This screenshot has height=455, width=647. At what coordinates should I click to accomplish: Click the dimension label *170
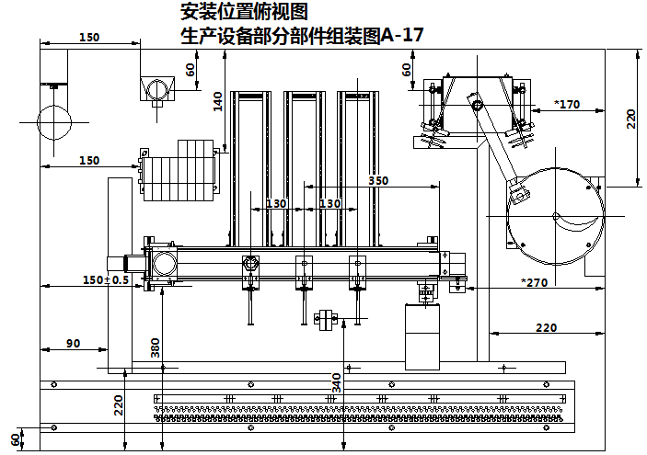tap(567, 104)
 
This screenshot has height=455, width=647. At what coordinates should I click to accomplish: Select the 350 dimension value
tap(378, 180)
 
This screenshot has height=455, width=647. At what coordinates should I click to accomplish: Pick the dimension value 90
tap(73, 343)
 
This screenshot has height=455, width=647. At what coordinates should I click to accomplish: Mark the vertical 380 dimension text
tap(156, 347)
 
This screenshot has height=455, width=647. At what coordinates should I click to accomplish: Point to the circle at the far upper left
tap(53, 120)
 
